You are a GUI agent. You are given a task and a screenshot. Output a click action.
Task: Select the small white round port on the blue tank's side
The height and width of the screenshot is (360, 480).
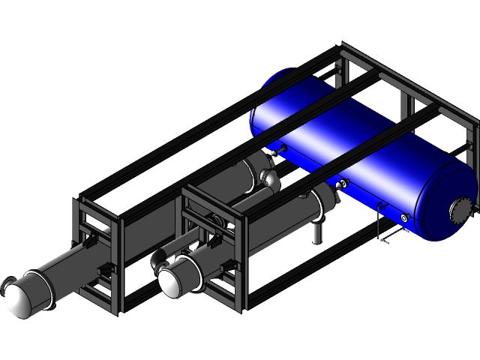[405, 218]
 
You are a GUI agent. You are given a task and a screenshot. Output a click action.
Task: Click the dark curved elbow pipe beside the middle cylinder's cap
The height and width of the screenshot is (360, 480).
[157, 258]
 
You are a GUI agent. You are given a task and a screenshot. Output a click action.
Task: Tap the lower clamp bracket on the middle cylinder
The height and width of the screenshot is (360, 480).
[226, 266]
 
